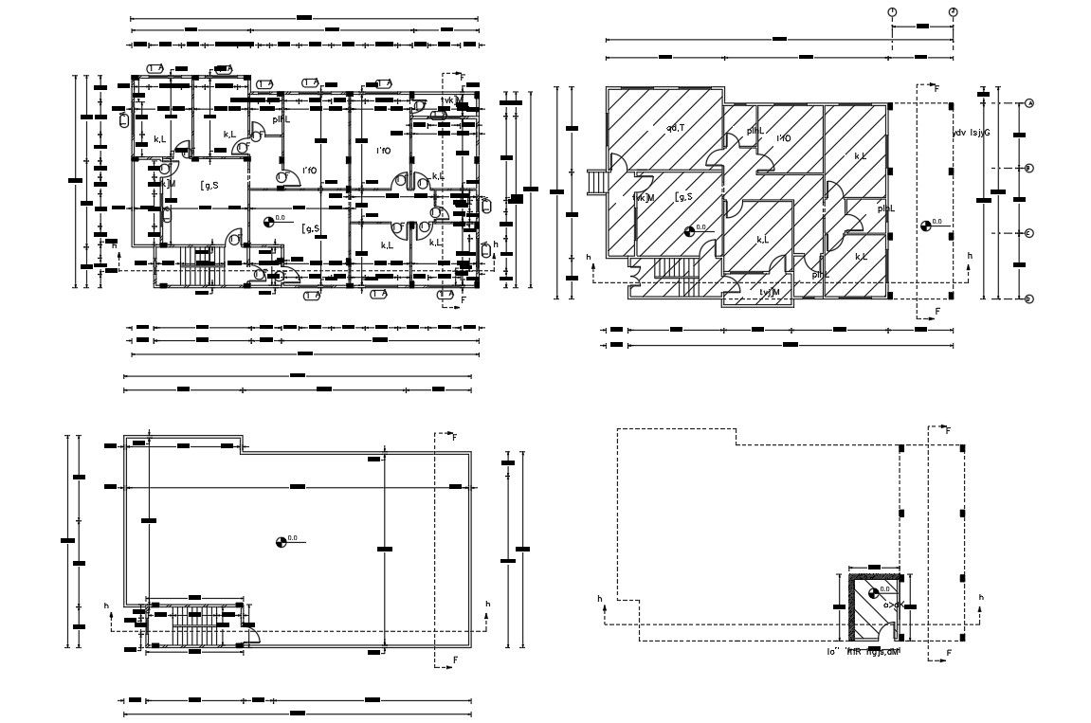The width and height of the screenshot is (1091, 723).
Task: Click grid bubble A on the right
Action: point(1028,103)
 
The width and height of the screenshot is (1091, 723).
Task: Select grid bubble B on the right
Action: point(1028,168)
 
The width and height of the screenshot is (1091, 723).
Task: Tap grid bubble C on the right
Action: point(1028,233)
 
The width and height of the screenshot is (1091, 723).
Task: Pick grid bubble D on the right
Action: point(1028,298)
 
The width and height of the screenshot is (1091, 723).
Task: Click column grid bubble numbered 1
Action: point(892,11)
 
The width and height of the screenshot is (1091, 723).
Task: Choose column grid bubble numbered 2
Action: point(953,11)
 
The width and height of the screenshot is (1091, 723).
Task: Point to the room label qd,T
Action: point(676,128)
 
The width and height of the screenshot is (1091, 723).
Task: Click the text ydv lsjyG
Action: point(971,133)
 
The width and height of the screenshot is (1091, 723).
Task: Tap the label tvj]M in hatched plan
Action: point(769,292)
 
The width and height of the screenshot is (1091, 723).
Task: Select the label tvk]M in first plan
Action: point(452,99)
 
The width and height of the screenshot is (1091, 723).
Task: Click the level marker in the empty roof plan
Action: point(282,541)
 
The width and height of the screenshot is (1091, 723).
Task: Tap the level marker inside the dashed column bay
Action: point(925,226)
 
